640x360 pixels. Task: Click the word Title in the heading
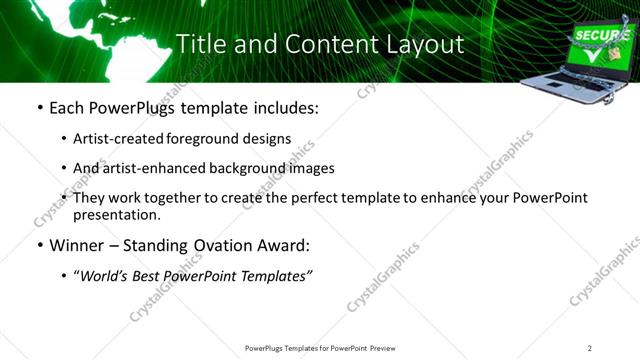pyautogui.click(x=198, y=44)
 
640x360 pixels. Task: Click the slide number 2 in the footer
pyautogui.click(x=590, y=348)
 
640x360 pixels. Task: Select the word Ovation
pyautogui.click(x=222, y=244)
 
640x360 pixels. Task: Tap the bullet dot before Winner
pyautogui.click(x=39, y=245)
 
